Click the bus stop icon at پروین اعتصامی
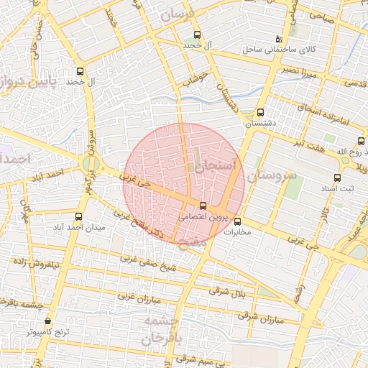coord(202,206)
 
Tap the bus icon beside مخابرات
coord(238,222)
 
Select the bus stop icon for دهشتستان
coord(260,113)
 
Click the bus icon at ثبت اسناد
coord(337,178)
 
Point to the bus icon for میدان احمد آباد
coord(79,216)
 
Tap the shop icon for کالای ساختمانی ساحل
coord(279,39)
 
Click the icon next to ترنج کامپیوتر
coord(47,321)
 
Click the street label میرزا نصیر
coord(298,71)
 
